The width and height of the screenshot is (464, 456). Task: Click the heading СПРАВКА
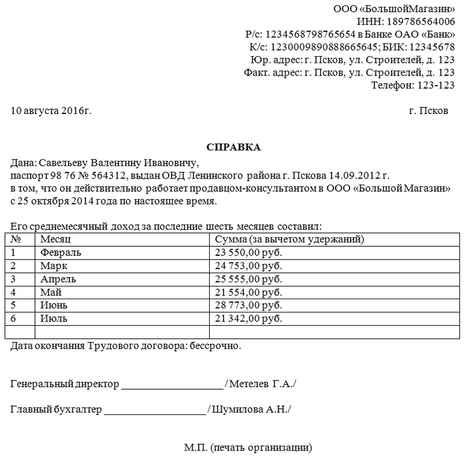click(234, 147)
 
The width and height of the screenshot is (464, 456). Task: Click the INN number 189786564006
click(425, 22)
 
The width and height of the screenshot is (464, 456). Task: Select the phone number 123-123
click(435, 85)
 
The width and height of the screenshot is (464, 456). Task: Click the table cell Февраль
click(60, 252)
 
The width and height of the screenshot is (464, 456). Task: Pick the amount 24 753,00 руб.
click(248, 265)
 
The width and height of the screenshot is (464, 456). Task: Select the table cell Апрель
click(58, 279)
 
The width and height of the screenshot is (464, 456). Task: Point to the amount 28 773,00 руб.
click(248, 305)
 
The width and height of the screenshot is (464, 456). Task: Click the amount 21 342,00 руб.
click(248, 318)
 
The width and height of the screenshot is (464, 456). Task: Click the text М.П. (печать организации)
click(248, 448)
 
